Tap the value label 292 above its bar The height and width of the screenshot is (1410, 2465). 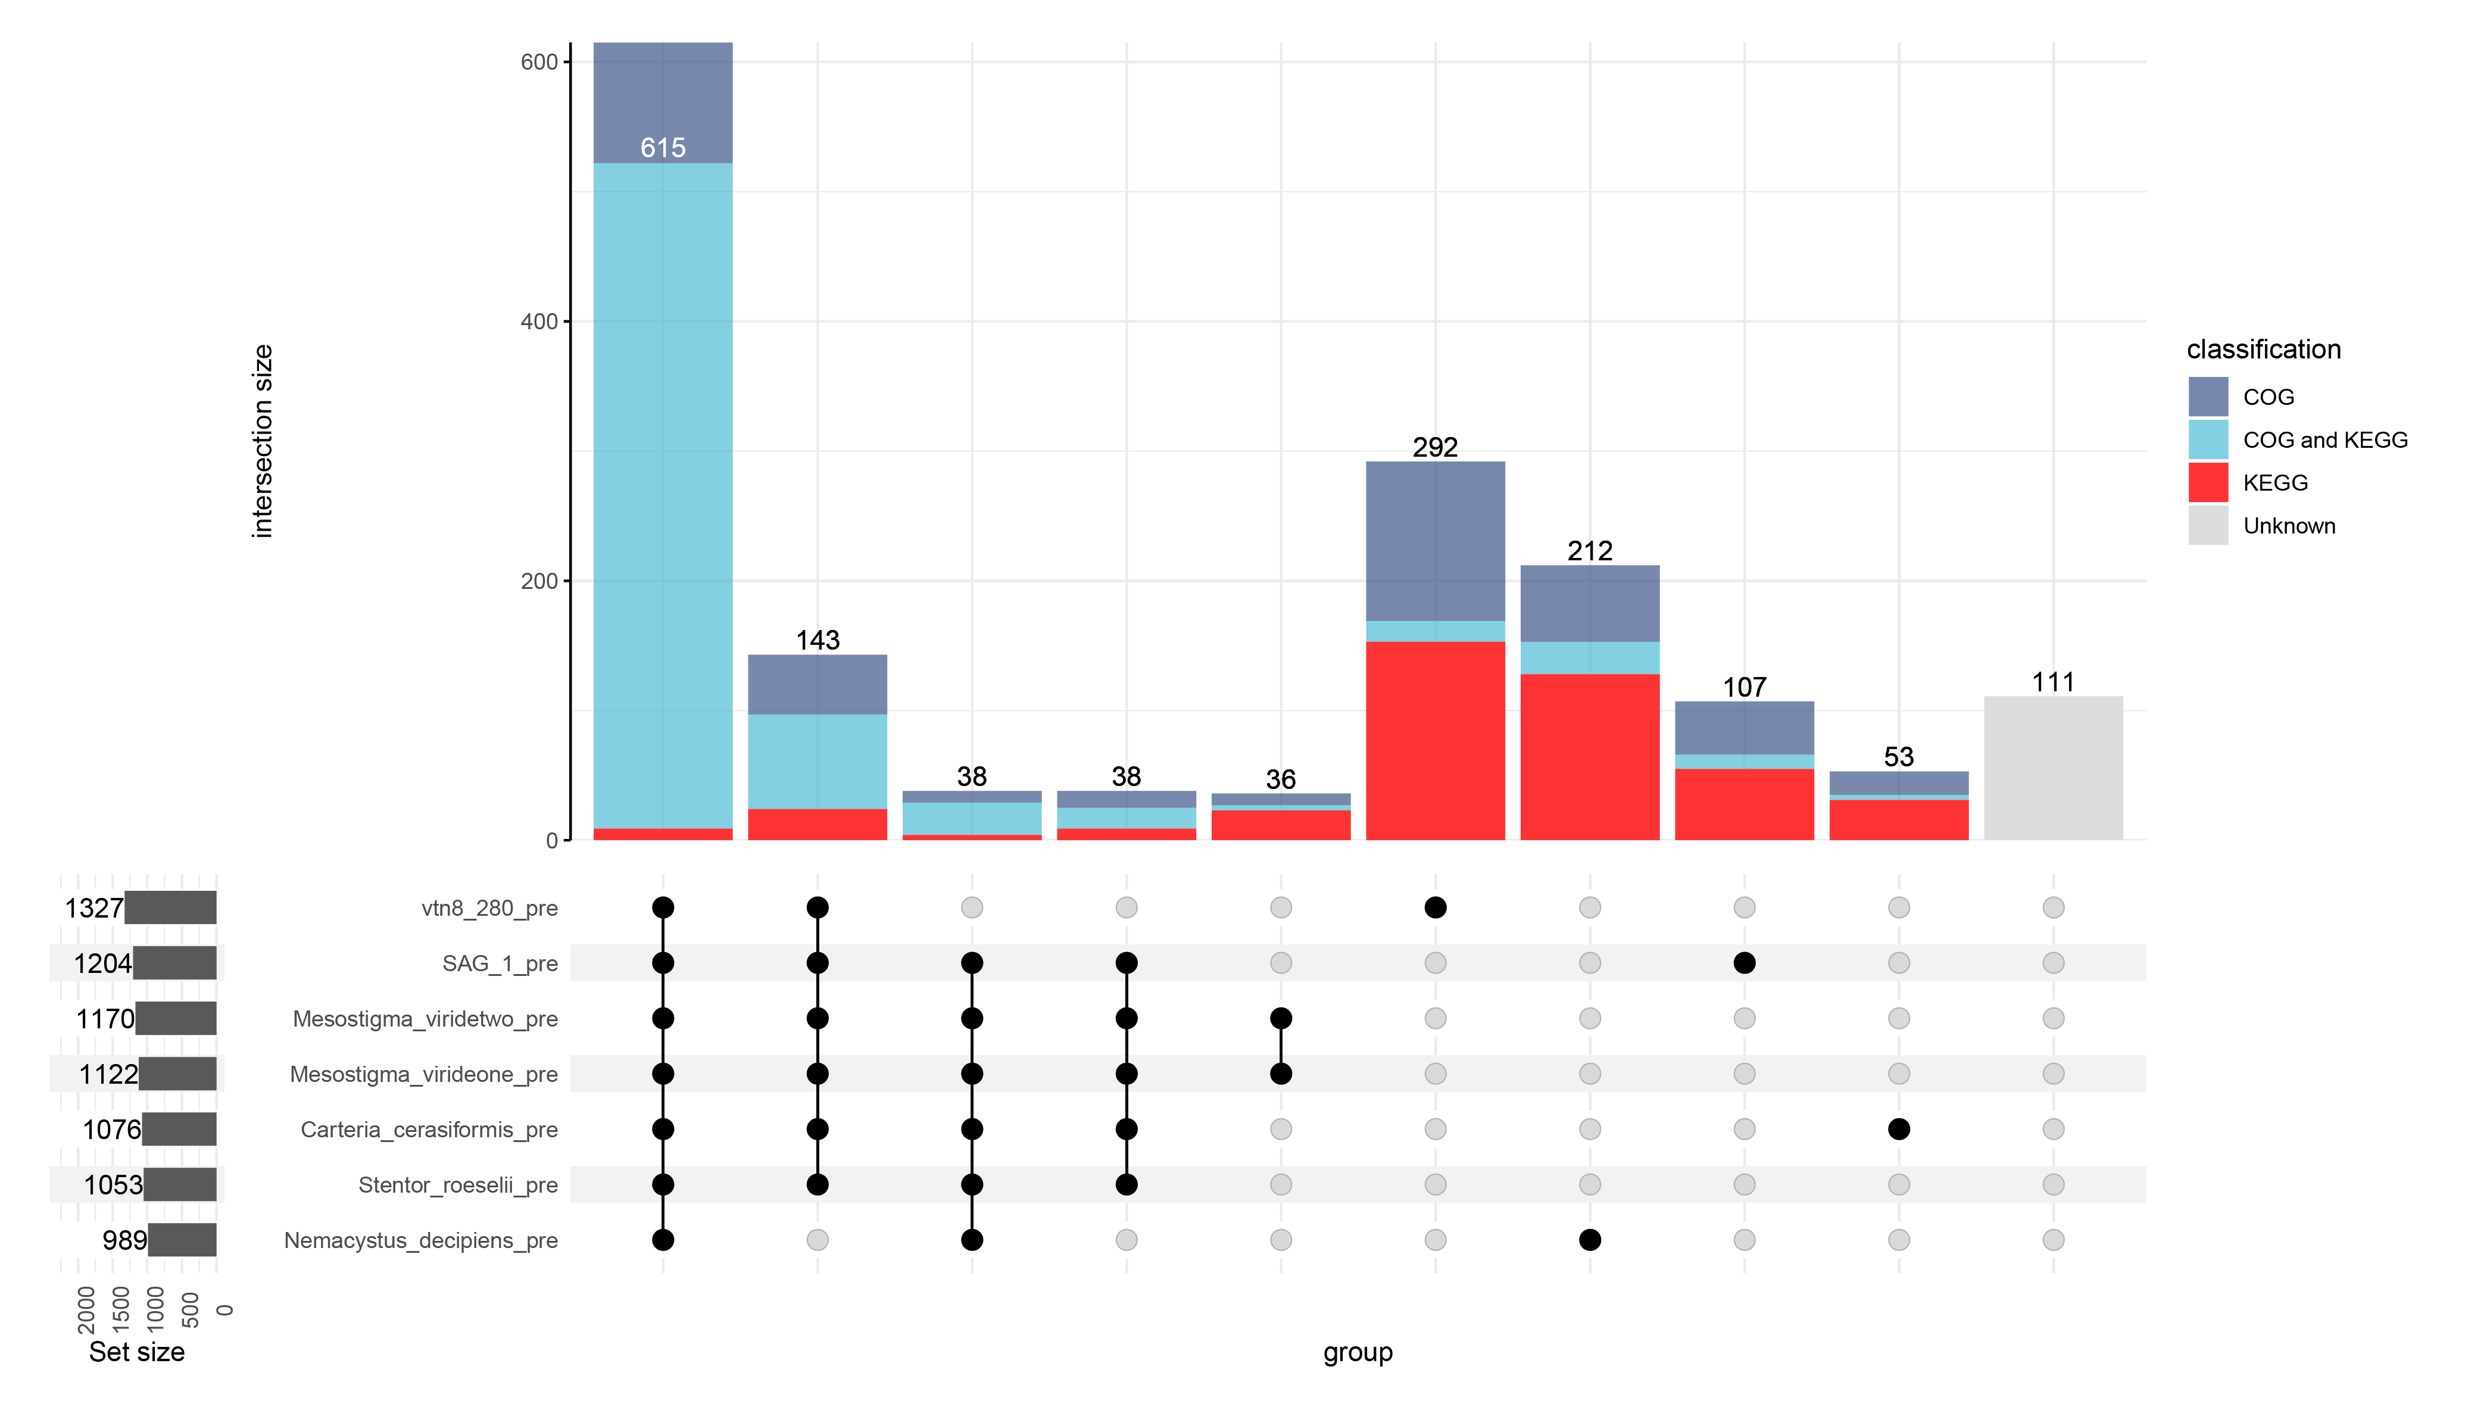(x=1435, y=447)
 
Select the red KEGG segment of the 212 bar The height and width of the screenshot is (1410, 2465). (x=1590, y=756)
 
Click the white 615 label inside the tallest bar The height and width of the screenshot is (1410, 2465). (x=663, y=148)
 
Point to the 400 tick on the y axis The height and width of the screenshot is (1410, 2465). (x=539, y=322)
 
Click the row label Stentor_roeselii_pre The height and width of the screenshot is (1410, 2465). (x=458, y=1186)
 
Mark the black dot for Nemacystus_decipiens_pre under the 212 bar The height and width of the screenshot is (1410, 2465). (x=1590, y=1240)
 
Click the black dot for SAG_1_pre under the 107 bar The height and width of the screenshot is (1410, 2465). (x=1744, y=963)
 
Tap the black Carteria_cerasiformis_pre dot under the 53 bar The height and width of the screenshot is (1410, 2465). (x=1899, y=1129)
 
